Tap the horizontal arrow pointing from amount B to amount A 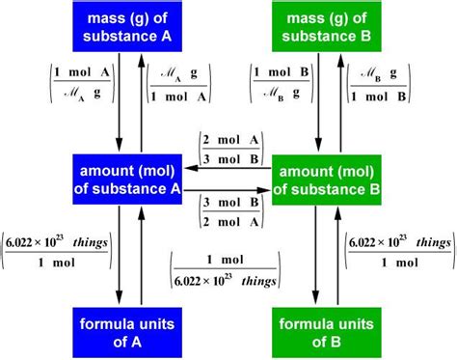(x=227, y=166)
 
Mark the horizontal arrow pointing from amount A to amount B (x=227, y=190)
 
